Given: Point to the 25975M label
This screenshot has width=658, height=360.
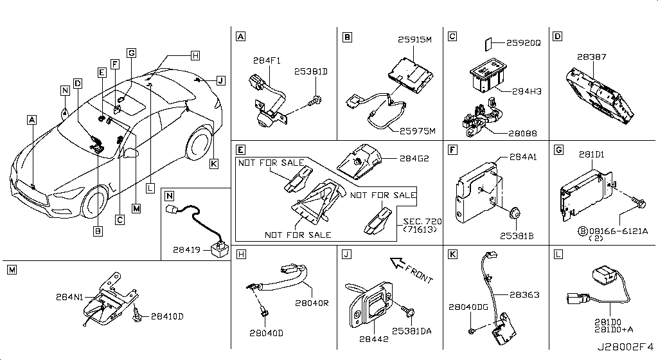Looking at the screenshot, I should tap(418, 132).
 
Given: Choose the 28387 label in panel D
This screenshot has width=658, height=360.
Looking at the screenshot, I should tap(591, 57).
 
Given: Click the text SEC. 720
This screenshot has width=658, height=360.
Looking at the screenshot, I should tap(417, 220).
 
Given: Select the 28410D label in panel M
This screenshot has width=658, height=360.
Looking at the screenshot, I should tap(166, 316).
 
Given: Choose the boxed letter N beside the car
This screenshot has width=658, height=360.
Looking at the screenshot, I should tap(65, 90).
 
